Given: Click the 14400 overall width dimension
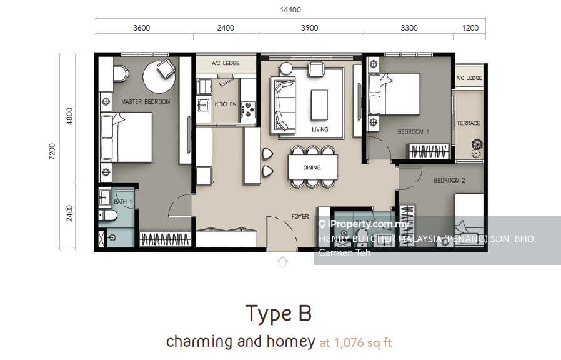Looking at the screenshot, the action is click(x=290, y=9).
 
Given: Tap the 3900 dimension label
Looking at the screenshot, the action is click(x=309, y=28).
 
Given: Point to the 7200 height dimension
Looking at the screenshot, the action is click(x=52, y=151).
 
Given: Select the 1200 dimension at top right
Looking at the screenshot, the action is click(x=470, y=28).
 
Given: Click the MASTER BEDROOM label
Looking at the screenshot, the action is click(x=146, y=102).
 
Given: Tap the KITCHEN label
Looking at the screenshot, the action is click(x=226, y=104).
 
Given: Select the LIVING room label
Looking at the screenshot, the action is click(x=320, y=129).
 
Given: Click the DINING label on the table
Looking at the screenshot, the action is click(x=312, y=167).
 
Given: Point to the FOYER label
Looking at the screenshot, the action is click(x=300, y=216).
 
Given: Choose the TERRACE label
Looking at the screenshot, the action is click(x=469, y=123).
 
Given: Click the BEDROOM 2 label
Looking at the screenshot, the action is click(x=449, y=181).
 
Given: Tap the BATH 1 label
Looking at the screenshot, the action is click(x=123, y=202).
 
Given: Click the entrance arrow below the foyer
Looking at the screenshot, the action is click(x=282, y=261).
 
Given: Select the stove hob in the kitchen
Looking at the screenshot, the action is click(x=247, y=109).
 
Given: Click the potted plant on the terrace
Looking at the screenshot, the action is click(x=477, y=147).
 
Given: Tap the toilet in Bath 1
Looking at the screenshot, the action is click(x=108, y=216).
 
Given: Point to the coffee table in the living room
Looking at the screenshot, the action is click(x=319, y=104).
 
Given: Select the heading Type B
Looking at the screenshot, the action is click(x=279, y=314).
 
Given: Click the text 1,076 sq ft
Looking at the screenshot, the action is click(x=363, y=343).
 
